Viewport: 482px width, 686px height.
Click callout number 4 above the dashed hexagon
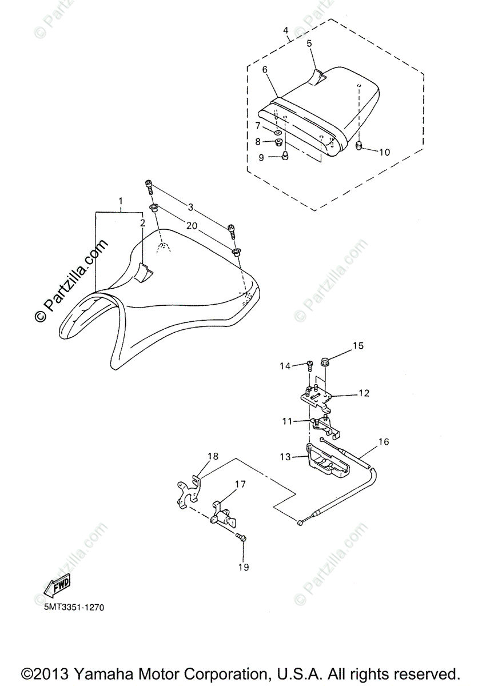tap(285, 30)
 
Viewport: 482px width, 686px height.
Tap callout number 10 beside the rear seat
tap(384, 152)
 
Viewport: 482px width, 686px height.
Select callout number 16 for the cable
tap(383, 442)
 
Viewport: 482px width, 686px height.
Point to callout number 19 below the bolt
tap(244, 567)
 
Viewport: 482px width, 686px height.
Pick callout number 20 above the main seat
tap(192, 226)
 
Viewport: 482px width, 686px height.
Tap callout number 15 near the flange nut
tap(358, 346)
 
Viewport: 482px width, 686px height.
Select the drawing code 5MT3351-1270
tap(74, 607)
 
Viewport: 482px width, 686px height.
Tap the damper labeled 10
tap(360, 146)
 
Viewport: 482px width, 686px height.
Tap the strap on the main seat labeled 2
tap(145, 273)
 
